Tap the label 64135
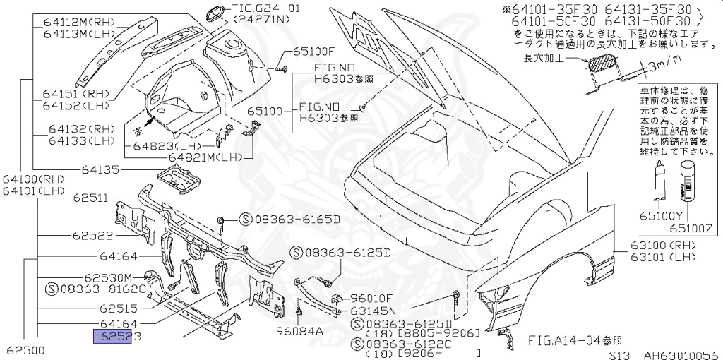[x=102, y=169]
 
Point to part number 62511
[x=90, y=199]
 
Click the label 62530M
[x=108, y=277]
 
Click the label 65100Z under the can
[x=691, y=228]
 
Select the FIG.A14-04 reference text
[x=565, y=340]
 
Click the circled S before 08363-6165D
[x=245, y=220]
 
